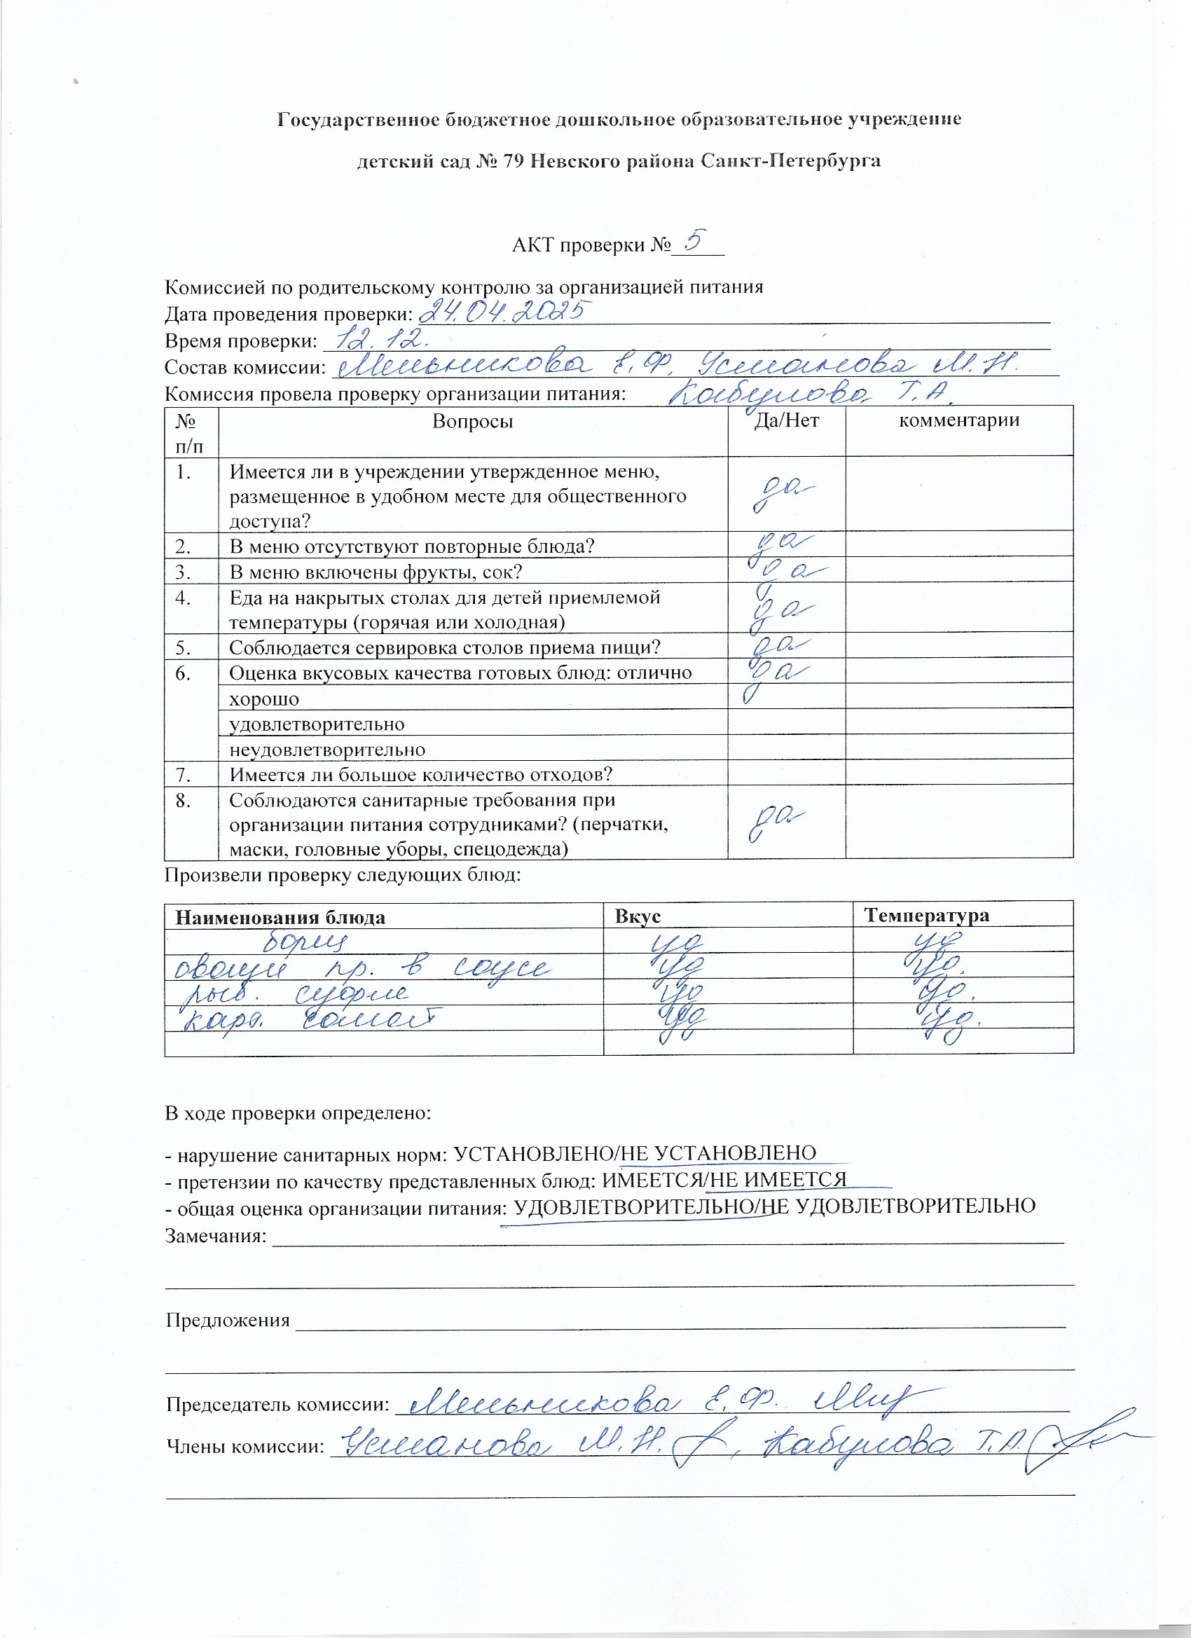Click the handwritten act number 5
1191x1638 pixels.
[x=694, y=240]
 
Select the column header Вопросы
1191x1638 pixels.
[x=472, y=421]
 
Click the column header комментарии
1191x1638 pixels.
[x=958, y=420]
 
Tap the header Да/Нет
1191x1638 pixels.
[x=786, y=420]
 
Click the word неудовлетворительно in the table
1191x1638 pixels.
[x=326, y=750]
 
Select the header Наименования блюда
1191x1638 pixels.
[x=280, y=917]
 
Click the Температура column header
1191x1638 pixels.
[x=927, y=916]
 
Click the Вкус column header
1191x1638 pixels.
[x=637, y=916]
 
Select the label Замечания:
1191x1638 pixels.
[x=216, y=1236]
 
